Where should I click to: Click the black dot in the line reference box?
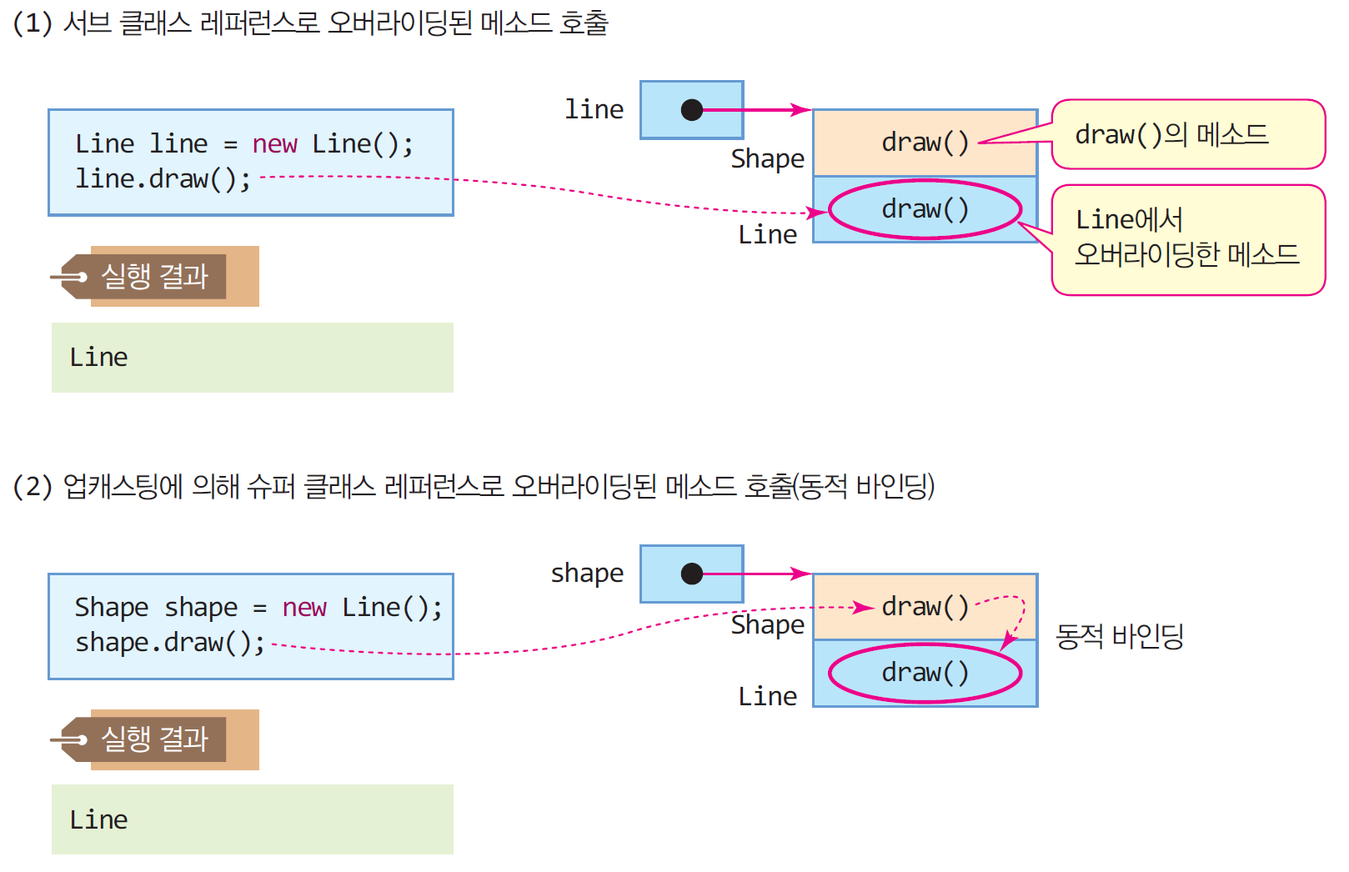click(691, 110)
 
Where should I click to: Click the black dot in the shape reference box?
click(691, 574)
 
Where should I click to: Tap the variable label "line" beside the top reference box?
click(594, 109)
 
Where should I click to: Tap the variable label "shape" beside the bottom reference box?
click(587, 574)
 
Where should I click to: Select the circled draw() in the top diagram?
click(925, 209)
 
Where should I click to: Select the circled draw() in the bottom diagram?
click(925, 673)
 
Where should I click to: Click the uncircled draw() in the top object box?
click(925, 143)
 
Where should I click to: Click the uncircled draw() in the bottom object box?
click(925, 607)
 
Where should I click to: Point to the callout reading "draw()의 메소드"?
click(1187, 134)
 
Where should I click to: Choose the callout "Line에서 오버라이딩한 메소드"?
click(1187, 238)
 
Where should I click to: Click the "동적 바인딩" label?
click(1119, 637)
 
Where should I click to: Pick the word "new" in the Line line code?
click(274, 144)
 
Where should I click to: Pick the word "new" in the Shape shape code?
click(304, 608)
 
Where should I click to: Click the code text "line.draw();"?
click(163, 179)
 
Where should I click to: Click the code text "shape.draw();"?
click(169, 643)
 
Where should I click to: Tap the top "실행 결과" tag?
click(154, 276)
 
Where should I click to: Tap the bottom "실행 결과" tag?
click(154, 739)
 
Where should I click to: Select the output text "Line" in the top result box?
click(98, 358)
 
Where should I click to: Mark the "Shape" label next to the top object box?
click(767, 158)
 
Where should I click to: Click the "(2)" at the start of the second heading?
click(33, 486)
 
